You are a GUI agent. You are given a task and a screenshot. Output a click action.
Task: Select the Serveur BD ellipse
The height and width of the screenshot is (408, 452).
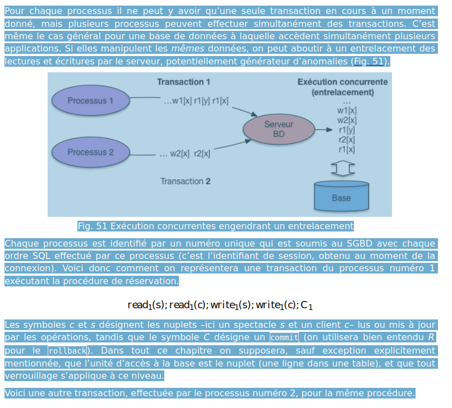pyautogui.click(x=279, y=129)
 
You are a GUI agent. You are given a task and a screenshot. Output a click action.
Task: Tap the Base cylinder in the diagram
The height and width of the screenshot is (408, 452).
pyautogui.click(x=341, y=196)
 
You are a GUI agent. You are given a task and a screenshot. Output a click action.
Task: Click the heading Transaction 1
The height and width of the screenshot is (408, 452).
pyautogui.click(x=183, y=82)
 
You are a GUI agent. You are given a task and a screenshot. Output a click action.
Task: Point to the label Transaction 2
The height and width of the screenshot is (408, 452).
pyautogui.click(x=185, y=181)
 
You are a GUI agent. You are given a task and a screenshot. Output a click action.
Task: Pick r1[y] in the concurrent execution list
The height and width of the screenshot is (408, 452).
pyautogui.click(x=347, y=130)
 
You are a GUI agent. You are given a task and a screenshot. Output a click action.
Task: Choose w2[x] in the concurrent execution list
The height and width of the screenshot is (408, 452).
pyautogui.click(x=347, y=120)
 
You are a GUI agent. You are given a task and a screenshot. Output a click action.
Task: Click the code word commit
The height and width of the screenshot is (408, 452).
pyautogui.click(x=284, y=338)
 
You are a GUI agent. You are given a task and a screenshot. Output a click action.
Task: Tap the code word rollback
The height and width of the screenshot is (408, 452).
pyautogui.click(x=67, y=351)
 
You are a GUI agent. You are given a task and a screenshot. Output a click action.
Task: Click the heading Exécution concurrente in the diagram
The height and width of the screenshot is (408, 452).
pyautogui.click(x=342, y=82)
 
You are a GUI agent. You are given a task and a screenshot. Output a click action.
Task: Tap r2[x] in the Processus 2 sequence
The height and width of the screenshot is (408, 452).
pyautogui.click(x=202, y=153)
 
